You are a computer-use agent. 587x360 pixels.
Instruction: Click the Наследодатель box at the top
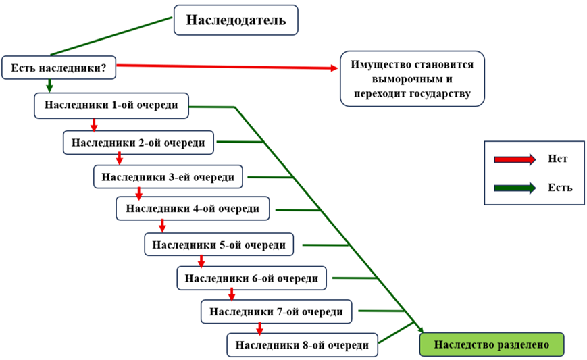[x=236, y=20]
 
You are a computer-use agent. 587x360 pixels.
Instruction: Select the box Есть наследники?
[x=59, y=68]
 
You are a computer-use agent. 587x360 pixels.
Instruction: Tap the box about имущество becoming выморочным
[x=412, y=78]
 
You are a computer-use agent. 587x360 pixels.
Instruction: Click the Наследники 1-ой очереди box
[x=111, y=105]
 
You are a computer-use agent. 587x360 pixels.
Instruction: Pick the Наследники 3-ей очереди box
[x=168, y=177]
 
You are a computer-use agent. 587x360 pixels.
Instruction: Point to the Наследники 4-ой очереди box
[x=193, y=209]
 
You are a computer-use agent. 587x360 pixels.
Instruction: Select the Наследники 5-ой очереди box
[x=219, y=244]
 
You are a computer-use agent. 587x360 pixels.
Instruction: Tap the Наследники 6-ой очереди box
[x=251, y=278]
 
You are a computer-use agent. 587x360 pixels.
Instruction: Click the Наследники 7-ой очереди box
[x=276, y=311]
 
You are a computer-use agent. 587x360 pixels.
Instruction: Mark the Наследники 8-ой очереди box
[x=302, y=344]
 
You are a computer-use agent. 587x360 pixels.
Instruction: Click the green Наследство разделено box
[x=491, y=344]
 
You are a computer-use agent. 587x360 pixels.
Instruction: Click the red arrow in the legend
[x=515, y=159]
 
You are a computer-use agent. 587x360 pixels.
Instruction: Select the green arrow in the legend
[x=515, y=188]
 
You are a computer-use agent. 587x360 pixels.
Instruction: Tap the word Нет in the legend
[x=558, y=159]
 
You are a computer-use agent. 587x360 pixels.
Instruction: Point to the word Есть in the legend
[x=560, y=188]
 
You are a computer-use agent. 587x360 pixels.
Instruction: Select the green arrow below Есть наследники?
[x=49, y=86]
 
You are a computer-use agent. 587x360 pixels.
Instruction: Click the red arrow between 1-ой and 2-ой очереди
[x=94, y=125]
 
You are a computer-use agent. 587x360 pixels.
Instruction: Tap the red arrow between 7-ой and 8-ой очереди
[x=259, y=328]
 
